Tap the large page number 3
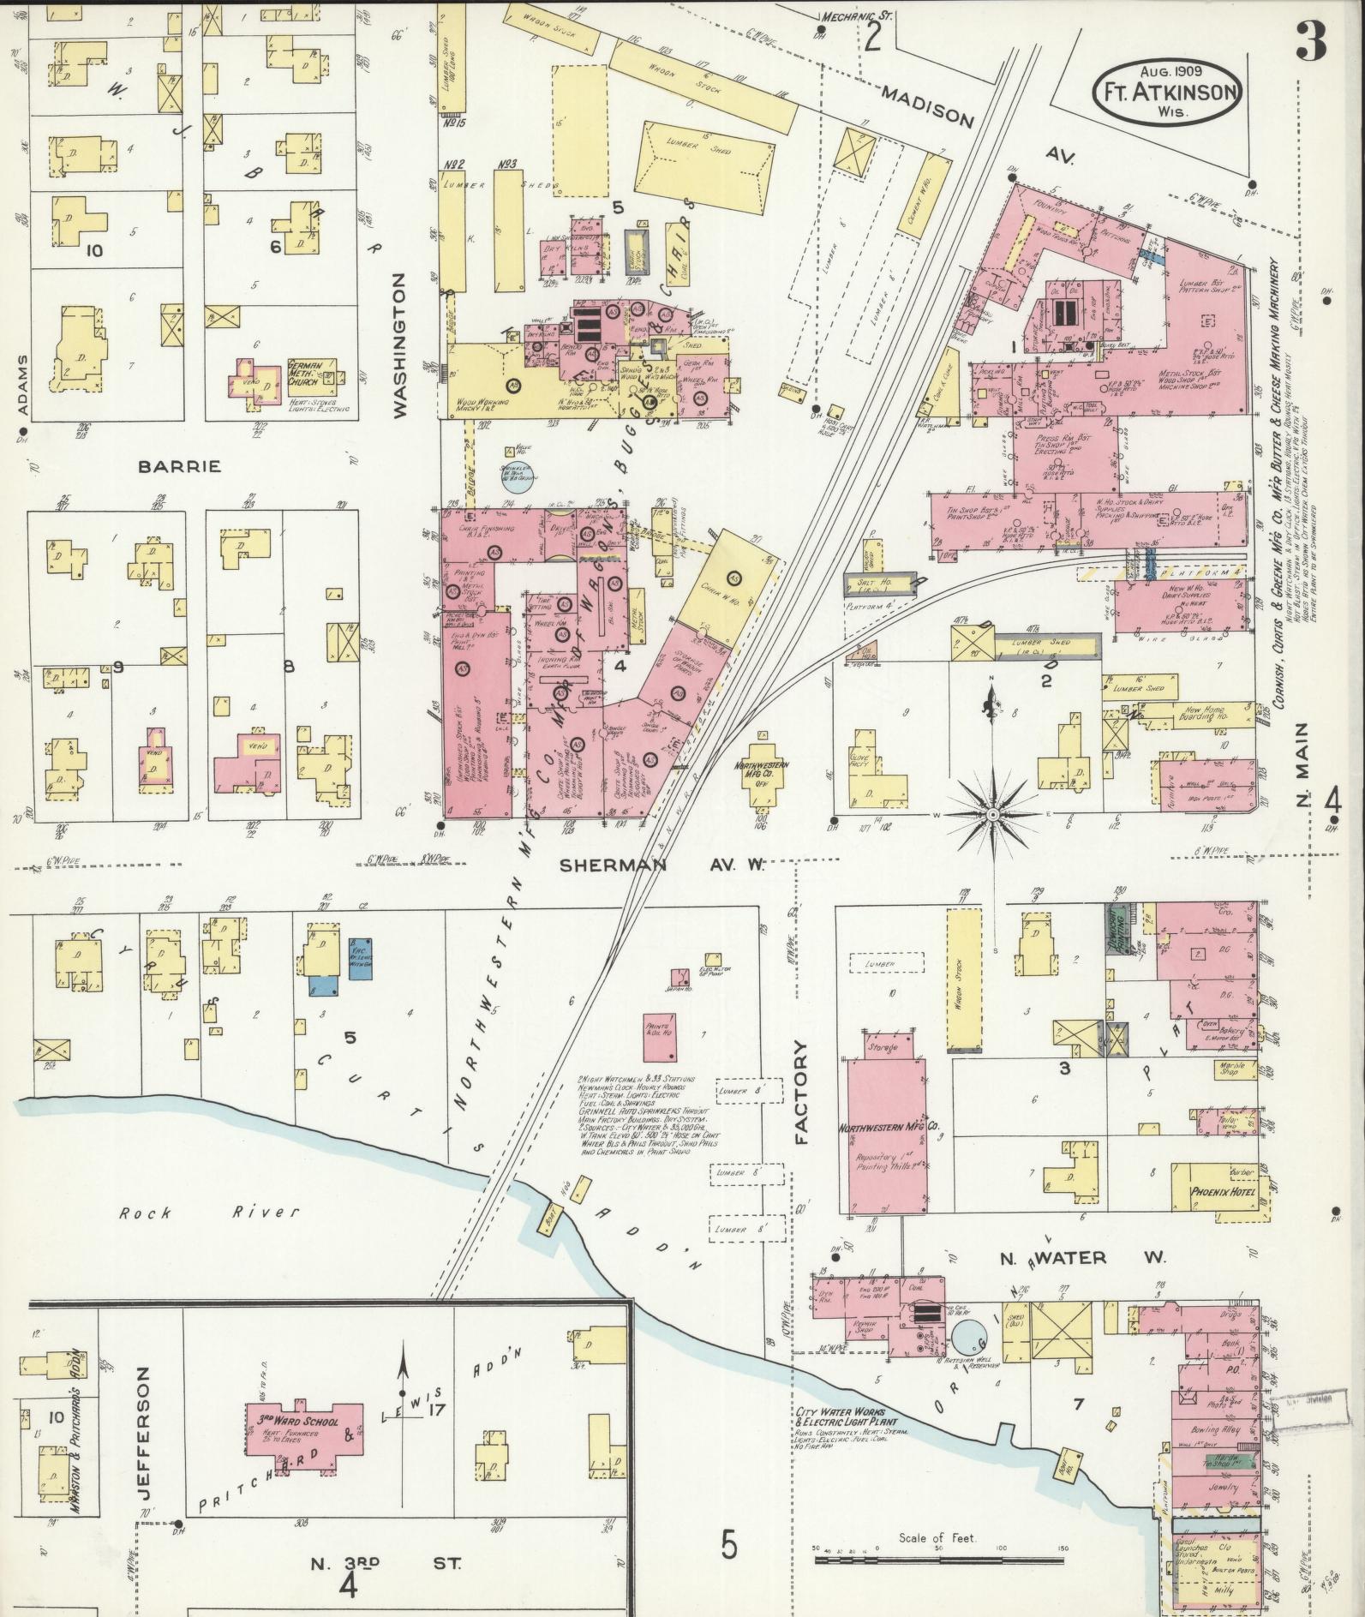coord(1310,40)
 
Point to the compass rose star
coord(991,811)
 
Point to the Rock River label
coord(209,1212)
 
